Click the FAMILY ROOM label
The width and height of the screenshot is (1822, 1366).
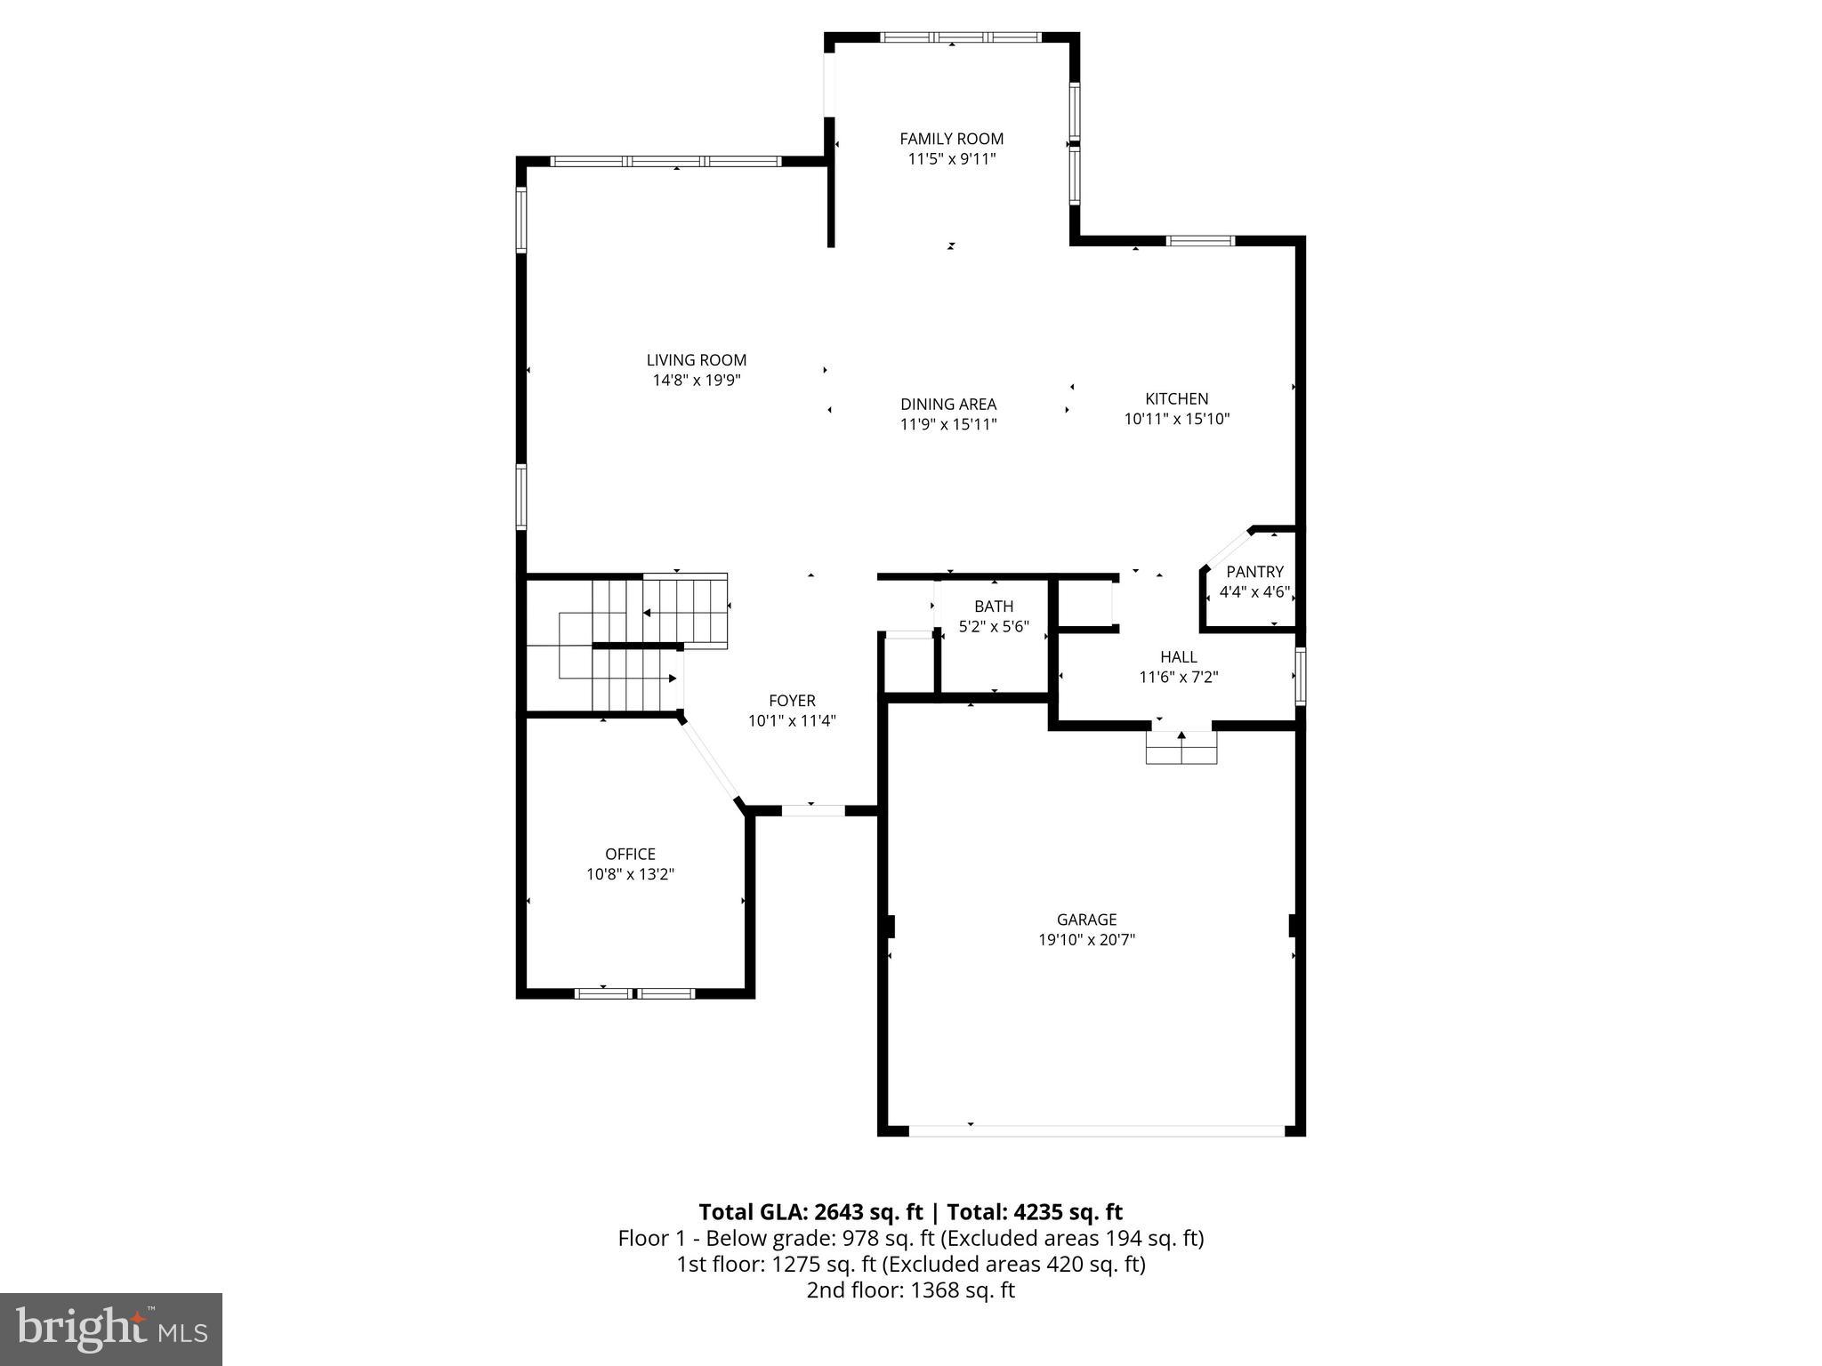point(951,139)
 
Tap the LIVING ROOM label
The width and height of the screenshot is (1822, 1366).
point(696,360)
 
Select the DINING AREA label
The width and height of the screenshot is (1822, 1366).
point(947,405)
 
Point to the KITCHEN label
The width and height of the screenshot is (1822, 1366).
point(1176,399)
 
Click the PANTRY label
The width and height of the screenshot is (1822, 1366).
point(1254,572)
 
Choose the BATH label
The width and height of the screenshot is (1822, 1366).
point(993,607)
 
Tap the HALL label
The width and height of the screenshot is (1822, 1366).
point(1178,657)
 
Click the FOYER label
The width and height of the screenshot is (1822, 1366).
point(792,701)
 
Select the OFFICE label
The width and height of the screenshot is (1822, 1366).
point(630,855)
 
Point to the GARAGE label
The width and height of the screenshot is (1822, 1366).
point(1086,920)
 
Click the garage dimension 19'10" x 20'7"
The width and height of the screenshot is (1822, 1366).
point(1086,940)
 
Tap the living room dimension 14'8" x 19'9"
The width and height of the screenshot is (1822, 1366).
point(696,381)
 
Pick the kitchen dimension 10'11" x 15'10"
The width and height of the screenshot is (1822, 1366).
point(1176,420)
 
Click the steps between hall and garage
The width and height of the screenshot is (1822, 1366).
point(1181,747)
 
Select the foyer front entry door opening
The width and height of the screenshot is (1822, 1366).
point(812,810)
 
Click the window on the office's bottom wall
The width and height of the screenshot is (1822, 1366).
point(634,992)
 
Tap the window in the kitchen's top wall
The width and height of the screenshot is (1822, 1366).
point(1200,240)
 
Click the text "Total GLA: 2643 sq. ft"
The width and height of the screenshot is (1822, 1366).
point(811,1212)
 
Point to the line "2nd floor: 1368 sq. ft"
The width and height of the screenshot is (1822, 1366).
point(910,1290)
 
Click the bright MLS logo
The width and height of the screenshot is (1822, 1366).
point(111,1329)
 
